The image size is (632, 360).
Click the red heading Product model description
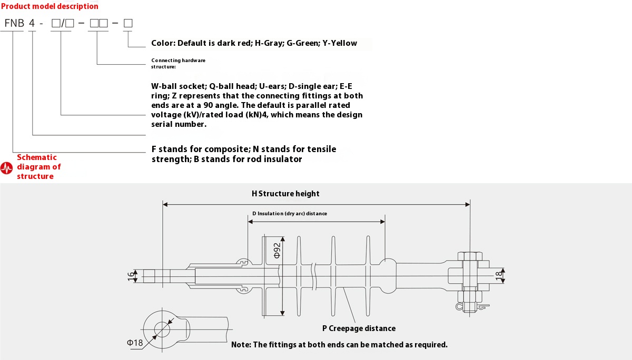pos(50,6)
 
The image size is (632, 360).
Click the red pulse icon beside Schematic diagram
pos(7,168)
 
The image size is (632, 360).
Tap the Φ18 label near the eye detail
pos(135,343)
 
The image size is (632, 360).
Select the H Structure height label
pos(285,194)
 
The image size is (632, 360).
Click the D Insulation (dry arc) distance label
pos(290,214)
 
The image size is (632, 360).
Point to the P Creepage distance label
pos(359,328)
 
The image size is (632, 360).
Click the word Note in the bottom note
pos(241,345)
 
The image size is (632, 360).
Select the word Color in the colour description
pos(162,43)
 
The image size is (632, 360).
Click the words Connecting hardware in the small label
pos(178,61)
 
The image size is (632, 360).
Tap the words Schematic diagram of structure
pos(39,167)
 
